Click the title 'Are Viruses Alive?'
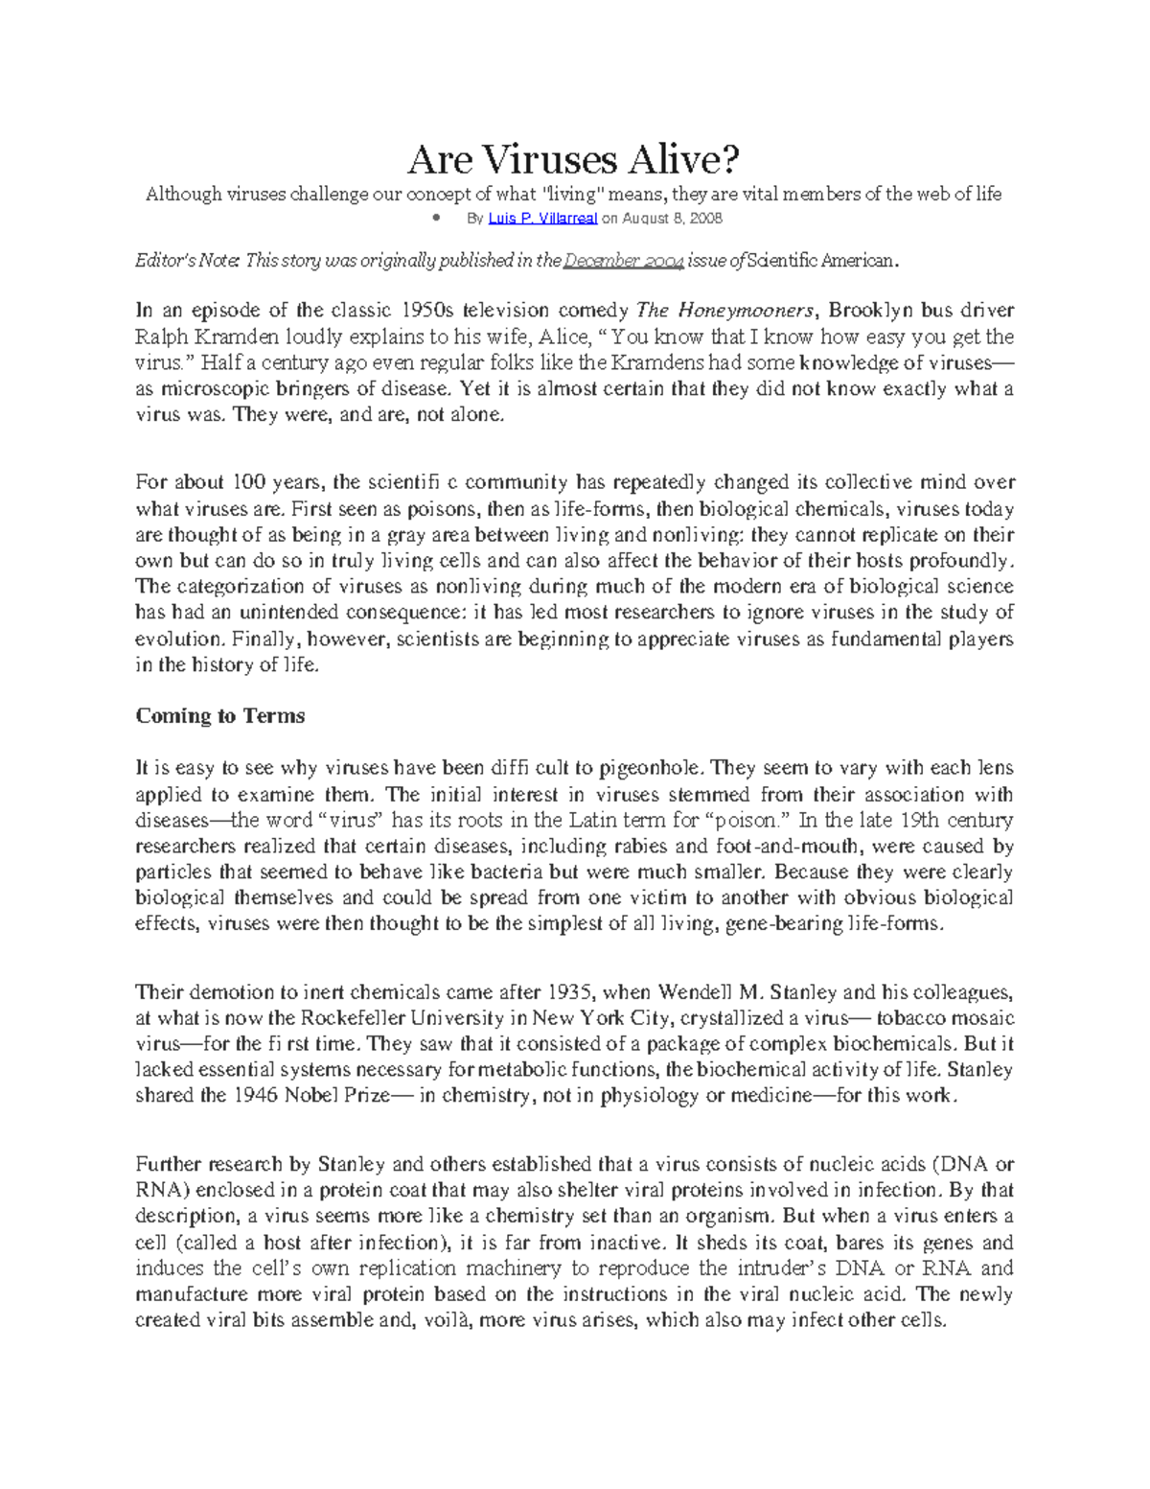pyautogui.click(x=574, y=159)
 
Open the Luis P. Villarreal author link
pyautogui.click(x=542, y=219)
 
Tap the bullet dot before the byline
pyautogui.click(x=435, y=218)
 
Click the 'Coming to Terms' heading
pyautogui.click(x=220, y=716)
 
